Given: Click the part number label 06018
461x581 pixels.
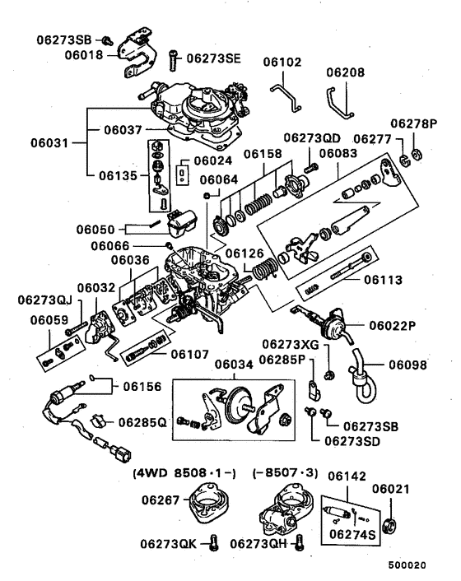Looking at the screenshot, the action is pyautogui.click(x=84, y=55).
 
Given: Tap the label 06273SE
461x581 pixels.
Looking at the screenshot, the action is pyautogui.click(x=213, y=58).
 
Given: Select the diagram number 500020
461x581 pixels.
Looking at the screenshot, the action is pyautogui.click(x=407, y=565).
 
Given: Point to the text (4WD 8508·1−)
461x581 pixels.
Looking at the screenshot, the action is pyautogui.click(x=184, y=473).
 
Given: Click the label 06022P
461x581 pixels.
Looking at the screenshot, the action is pyautogui.click(x=393, y=326).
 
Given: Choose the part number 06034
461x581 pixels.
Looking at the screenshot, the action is pyautogui.click(x=235, y=365).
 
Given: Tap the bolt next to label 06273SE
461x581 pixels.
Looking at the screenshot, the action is pyautogui.click(x=174, y=60).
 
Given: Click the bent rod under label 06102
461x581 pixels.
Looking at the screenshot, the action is pyautogui.click(x=286, y=98).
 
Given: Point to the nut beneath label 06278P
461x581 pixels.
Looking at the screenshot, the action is pyautogui.click(x=416, y=154).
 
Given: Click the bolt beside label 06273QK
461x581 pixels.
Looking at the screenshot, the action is pyautogui.click(x=213, y=543).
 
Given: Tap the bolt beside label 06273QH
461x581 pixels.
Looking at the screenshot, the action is pyautogui.click(x=300, y=543).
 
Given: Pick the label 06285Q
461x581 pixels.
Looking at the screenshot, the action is pyautogui.click(x=142, y=423).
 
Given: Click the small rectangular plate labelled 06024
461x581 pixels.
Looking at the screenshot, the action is pyautogui.click(x=183, y=174).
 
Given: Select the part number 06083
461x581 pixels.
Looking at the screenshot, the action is pyautogui.click(x=338, y=153).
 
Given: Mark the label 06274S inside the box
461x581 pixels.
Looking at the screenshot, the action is pyautogui.click(x=352, y=534).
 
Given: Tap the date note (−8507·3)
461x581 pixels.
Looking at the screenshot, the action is pyautogui.click(x=285, y=473).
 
